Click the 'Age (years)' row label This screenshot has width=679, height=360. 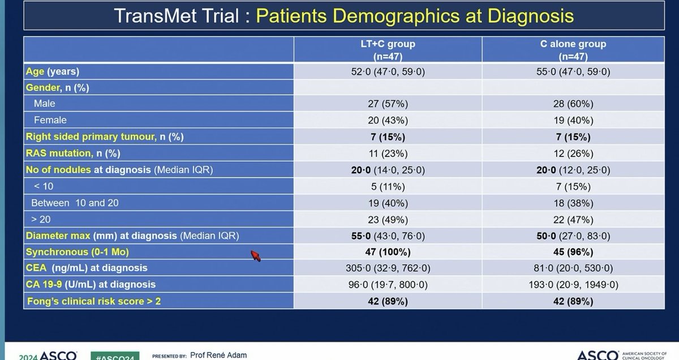[52, 72]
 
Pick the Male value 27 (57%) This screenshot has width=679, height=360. [388, 104]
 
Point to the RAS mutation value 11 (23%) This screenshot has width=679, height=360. [388, 153]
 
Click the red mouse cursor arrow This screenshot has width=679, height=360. [256, 256]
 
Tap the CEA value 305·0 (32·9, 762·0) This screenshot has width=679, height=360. [388, 268]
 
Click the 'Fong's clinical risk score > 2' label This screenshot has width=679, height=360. [94, 301]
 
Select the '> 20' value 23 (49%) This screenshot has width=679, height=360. [388, 219]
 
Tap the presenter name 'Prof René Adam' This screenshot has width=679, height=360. [219, 355]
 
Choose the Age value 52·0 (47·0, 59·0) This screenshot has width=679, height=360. [388, 72]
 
